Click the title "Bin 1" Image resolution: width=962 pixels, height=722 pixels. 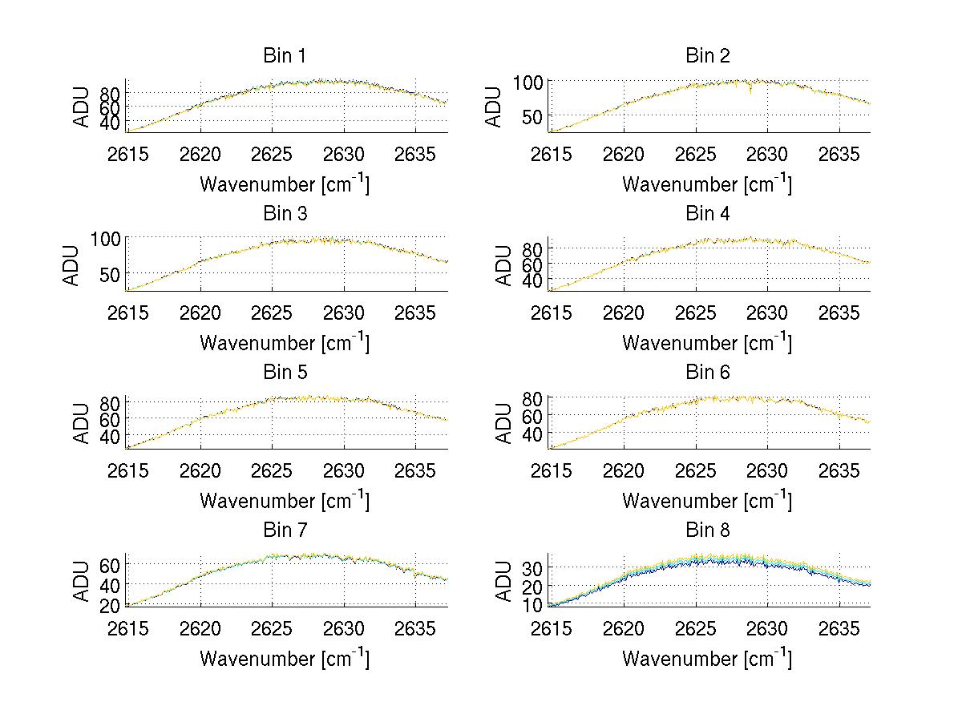pyautogui.click(x=285, y=56)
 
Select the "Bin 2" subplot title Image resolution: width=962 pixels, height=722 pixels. pyautogui.click(x=708, y=56)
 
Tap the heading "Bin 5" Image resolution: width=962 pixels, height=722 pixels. pyautogui.click(x=285, y=373)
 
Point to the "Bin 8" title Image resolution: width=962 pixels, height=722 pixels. pyautogui.click(x=708, y=530)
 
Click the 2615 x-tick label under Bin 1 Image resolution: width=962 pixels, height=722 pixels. pyautogui.click(x=128, y=154)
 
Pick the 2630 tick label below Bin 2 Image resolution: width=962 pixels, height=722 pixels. pyautogui.click(x=767, y=154)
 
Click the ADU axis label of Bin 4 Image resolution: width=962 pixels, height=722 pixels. pyautogui.click(x=504, y=264)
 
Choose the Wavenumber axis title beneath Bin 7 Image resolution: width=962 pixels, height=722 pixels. pyautogui.click(x=285, y=658)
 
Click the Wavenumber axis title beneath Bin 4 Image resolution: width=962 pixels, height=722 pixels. pyautogui.click(x=708, y=342)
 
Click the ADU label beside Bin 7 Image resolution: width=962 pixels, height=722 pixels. pyautogui.click(x=81, y=581)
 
